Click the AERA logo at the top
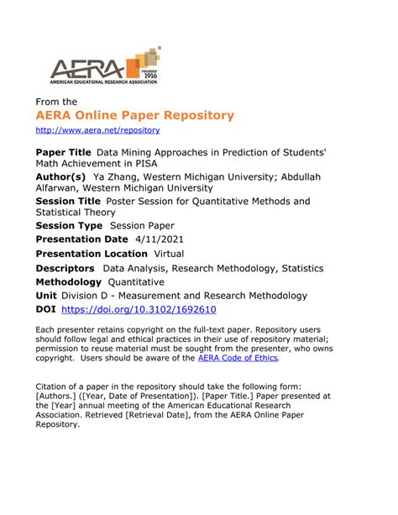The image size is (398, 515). (x=102, y=67)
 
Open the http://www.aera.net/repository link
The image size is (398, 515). (x=97, y=130)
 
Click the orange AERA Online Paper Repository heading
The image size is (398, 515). (x=134, y=114)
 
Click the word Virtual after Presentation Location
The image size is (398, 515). (x=170, y=254)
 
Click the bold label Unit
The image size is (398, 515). (x=46, y=297)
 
